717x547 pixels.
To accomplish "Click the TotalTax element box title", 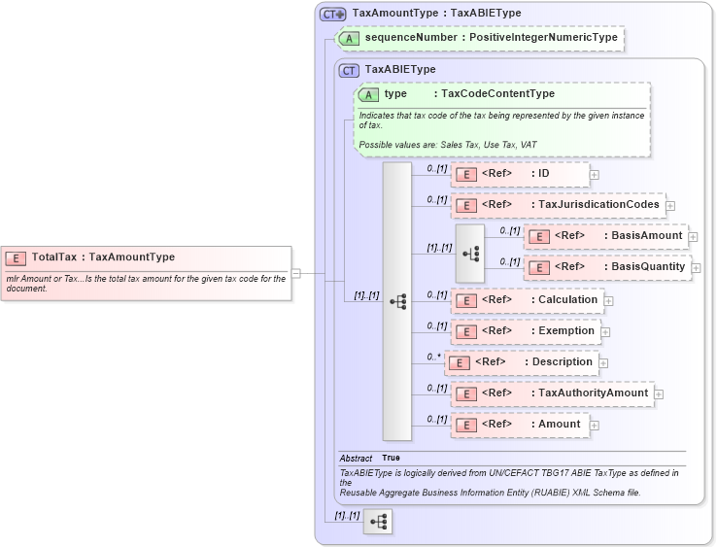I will [x=103, y=257].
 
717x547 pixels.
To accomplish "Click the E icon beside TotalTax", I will [x=17, y=257].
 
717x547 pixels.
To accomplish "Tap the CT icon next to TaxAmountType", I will [x=333, y=14].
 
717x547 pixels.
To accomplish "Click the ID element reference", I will [x=520, y=174].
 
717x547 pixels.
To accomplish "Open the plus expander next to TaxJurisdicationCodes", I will [x=670, y=206].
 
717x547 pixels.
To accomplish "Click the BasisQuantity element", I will [x=606, y=267].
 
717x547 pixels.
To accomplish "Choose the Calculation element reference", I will [x=526, y=299].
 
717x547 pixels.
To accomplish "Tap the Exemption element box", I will [x=525, y=331].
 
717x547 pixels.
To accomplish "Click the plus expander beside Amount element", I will [x=595, y=426].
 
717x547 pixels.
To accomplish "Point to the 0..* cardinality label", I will [x=434, y=357].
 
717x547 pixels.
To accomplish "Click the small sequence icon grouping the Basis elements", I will [x=470, y=253].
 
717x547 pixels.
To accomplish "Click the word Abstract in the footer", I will [x=356, y=458].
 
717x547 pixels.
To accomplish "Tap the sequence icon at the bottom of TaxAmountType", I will [x=378, y=523].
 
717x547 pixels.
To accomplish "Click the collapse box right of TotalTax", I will [x=296, y=274].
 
